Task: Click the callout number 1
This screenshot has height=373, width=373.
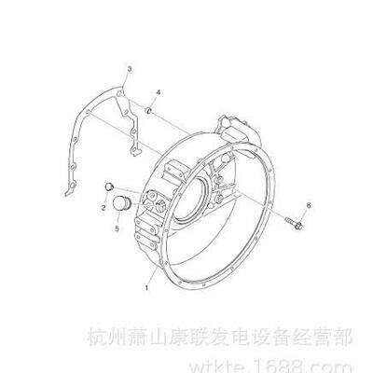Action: click(x=146, y=288)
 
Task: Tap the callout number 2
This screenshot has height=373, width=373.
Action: click(x=104, y=207)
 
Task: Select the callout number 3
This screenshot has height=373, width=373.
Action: click(x=130, y=69)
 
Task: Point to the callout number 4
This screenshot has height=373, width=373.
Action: click(x=159, y=92)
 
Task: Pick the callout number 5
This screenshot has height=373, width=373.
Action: click(x=117, y=228)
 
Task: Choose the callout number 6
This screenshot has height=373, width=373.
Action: click(x=309, y=205)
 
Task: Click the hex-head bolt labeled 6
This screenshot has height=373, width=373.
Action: click(x=294, y=224)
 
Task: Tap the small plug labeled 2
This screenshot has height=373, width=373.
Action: click(x=109, y=186)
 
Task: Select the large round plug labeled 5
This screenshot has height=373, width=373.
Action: click(x=121, y=203)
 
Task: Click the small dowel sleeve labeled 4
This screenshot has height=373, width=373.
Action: click(x=149, y=110)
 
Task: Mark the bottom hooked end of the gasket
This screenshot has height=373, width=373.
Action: click(x=68, y=193)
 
